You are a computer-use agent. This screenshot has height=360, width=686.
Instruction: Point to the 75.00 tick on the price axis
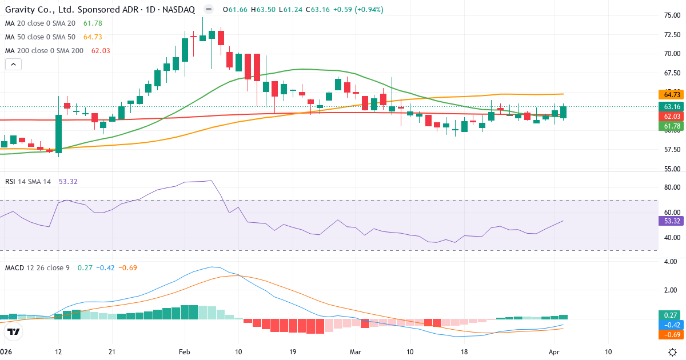coord(672,15)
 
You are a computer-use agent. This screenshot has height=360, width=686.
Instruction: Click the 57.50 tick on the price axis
coord(672,150)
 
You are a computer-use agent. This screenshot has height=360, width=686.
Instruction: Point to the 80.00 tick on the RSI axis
coord(672,187)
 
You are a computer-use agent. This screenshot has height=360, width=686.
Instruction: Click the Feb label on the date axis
coord(184,352)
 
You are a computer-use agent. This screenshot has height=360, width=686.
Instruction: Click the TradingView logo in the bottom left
coord(14,331)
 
